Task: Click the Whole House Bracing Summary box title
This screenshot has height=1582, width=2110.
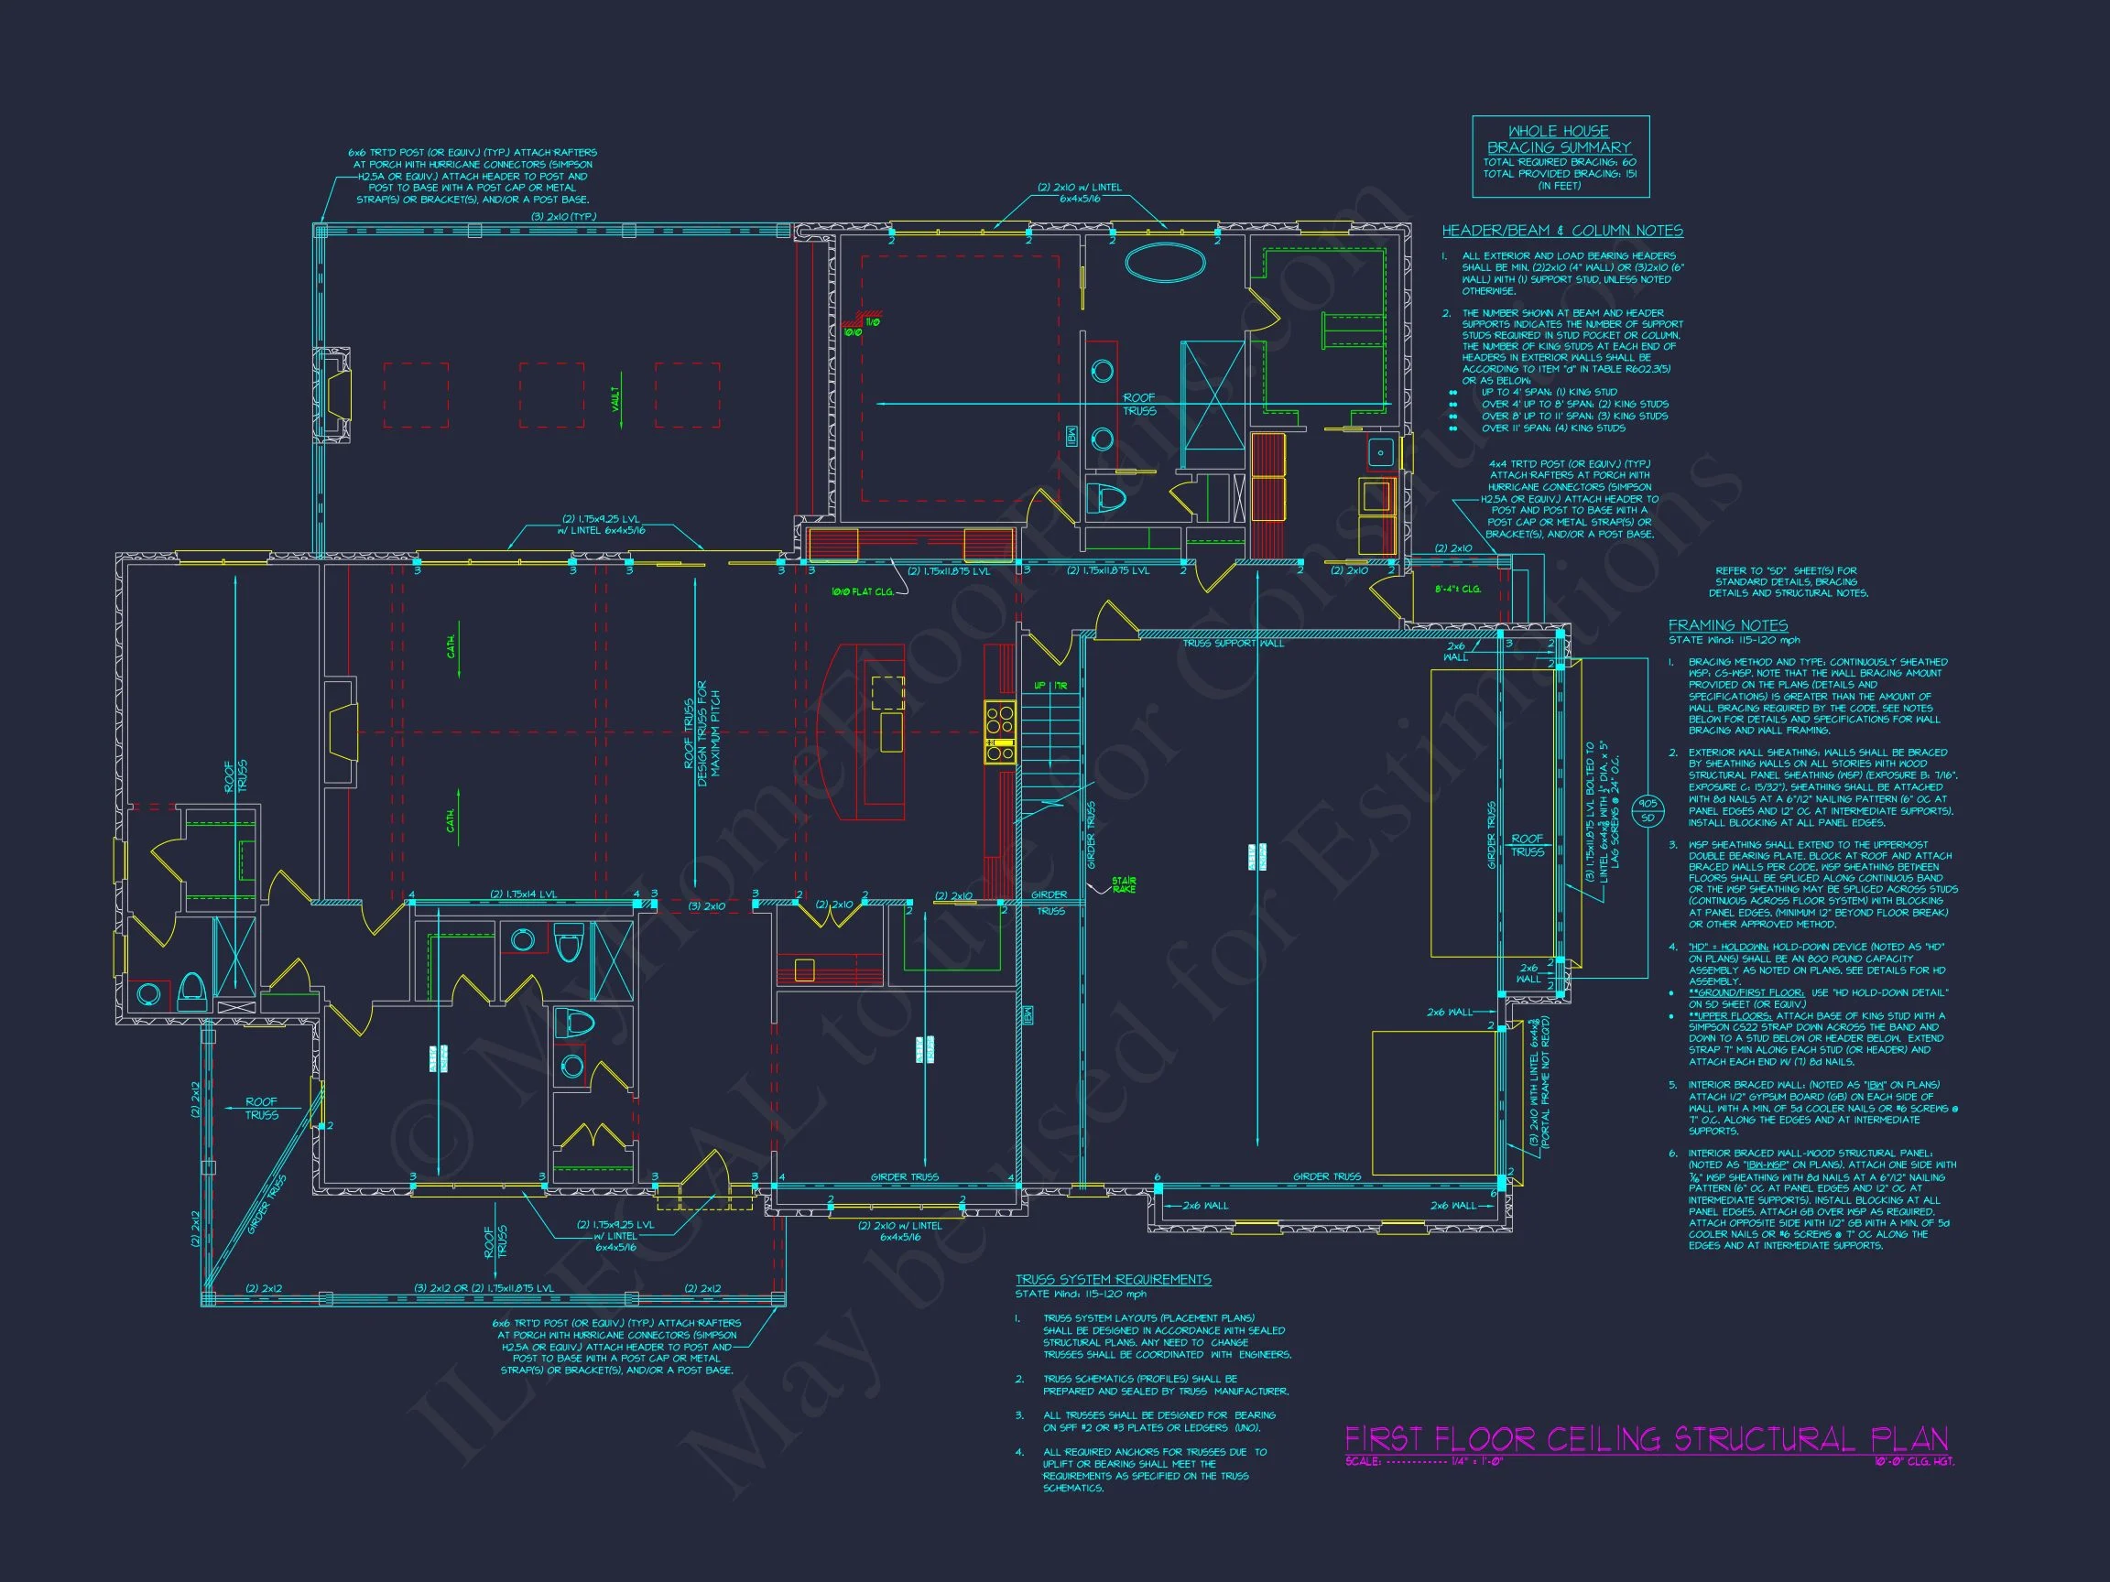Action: [1560, 139]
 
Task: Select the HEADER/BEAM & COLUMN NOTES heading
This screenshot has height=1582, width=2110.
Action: [1562, 231]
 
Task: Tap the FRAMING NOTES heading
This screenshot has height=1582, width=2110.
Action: [1727, 625]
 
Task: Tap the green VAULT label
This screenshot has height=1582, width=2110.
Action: [617, 398]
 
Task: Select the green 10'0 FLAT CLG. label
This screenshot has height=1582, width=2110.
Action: [862, 592]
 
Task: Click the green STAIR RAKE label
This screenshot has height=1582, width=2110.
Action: [1124, 885]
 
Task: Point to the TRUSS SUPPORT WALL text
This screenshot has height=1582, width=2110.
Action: [1234, 644]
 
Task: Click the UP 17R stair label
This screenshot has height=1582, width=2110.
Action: [1050, 686]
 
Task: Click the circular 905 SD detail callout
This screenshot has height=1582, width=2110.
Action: [1648, 810]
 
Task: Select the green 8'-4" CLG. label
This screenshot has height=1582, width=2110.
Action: [1458, 589]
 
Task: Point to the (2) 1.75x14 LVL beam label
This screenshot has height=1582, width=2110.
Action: [523, 894]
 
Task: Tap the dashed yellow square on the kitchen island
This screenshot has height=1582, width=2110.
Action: [888, 692]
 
